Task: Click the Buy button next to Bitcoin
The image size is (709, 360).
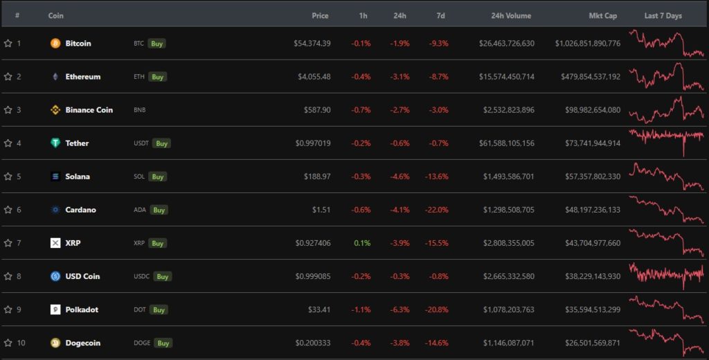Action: pos(157,44)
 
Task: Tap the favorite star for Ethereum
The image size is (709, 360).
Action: pos(8,77)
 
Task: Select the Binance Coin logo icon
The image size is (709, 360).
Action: pos(55,110)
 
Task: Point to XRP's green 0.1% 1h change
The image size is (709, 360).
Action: pos(361,243)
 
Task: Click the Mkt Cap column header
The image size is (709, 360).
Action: pos(602,15)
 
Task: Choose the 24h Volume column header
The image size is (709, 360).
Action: pos(511,15)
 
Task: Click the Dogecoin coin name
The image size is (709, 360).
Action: pos(82,343)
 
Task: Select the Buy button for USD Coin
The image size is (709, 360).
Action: pos(162,276)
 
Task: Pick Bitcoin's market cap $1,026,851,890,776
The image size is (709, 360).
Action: pos(587,44)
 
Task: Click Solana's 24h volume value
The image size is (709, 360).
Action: pos(508,177)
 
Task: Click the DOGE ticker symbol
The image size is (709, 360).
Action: pos(141,343)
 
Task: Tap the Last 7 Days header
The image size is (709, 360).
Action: pos(663,15)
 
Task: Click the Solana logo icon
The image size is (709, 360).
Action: pos(55,177)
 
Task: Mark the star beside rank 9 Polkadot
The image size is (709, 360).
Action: pos(8,309)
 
